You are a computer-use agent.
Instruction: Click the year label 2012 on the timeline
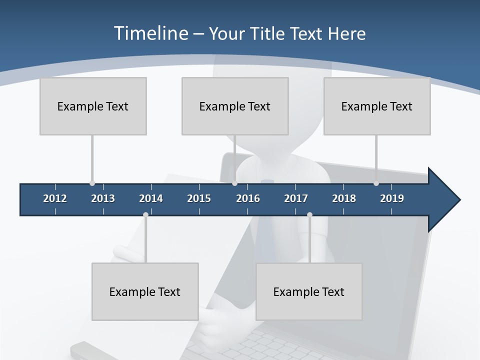(x=55, y=198)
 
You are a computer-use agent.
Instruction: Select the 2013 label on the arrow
(x=103, y=198)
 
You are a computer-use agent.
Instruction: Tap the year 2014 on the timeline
(x=151, y=198)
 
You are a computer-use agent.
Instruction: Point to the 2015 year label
(x=199, y=198)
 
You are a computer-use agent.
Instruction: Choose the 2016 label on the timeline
(x=248, y=198)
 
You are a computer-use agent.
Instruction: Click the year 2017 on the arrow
(x=296, y=198)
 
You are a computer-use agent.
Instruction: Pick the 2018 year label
(x=344, y=198)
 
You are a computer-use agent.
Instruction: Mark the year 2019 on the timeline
(x=392, y=198)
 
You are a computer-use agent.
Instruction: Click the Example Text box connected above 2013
(x=93, y=106)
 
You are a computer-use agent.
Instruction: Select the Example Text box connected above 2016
(x=235, y=106)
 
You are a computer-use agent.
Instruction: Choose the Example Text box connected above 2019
(x=377, y=106)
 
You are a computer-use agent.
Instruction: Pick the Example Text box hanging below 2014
(x=145, y=291)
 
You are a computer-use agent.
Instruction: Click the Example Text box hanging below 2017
(x=309, y=291)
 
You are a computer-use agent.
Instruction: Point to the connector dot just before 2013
(x=92, y=183)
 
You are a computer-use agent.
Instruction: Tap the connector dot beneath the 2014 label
(x=145, y=214)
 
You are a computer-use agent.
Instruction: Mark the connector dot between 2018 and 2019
(x=376, y=183)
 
